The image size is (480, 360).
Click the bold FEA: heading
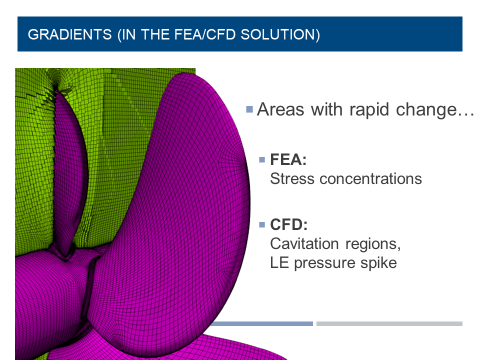pyautogui.click(x=288, y=160)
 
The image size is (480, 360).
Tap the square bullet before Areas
pyautogui.click(x=249, y=109)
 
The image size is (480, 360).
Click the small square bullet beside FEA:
pyautogui.click(x=261, y=160)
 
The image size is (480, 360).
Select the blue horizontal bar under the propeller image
pyautogui.click(x=260, y=323)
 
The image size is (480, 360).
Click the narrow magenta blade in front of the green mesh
pyautogui.click(x=70, y=165)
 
